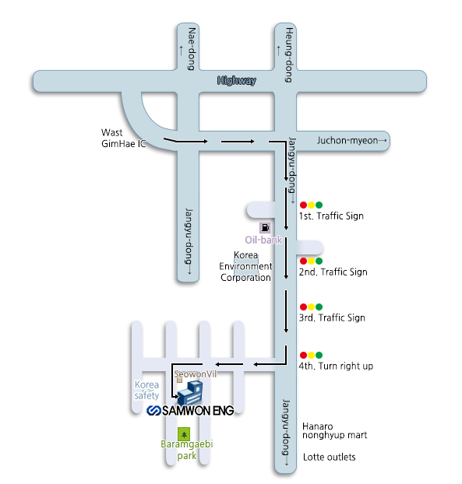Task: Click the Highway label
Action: [x=237, y=81]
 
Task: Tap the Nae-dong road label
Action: [x=192, y=49]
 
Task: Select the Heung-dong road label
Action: [x=288, y=55]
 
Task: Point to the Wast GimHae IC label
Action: [x=124, y=138]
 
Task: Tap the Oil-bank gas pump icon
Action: [x=265, y=228]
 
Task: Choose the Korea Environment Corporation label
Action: [x=245, y=266]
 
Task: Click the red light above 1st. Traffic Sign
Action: [x=304, y=205]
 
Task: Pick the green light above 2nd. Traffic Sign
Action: [x=319, y=261]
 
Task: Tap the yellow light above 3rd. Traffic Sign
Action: [x=311, y=307]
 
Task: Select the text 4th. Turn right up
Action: [x=336, y=366]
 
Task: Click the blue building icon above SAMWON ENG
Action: [x=190, y=393]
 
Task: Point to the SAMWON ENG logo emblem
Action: [x=153, y=411]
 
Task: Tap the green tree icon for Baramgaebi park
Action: [x=184, y=434]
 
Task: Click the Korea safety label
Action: [x=146, y=390]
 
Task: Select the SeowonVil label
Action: [x=196, y=374]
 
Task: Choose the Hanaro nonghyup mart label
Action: [x=335, y=431]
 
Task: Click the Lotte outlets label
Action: [x=329, y=457]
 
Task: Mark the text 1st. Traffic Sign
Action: [x=331, y=216]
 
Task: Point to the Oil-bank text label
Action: [x=263, y=240]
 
